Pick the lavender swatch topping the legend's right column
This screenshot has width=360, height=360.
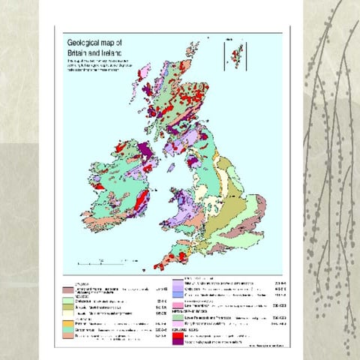coord(178,281)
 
